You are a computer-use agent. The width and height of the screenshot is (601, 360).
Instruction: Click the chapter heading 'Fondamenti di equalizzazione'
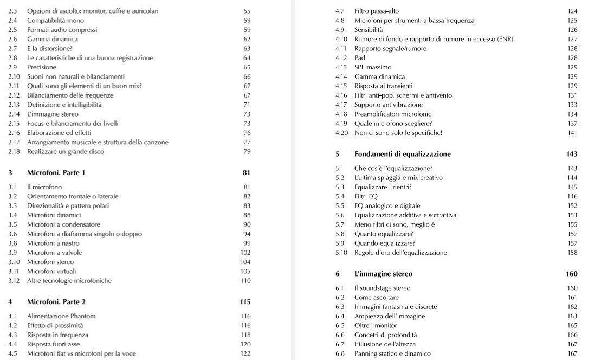point(402,154)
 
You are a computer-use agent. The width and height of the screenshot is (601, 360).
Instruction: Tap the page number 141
point(572,133)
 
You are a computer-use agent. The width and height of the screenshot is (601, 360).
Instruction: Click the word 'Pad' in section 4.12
point(359,58)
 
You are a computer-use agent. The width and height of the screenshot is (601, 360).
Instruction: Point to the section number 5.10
point(341,253)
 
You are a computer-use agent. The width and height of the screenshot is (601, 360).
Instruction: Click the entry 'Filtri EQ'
point(367,196)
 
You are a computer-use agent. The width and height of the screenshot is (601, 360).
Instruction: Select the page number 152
point(572,206)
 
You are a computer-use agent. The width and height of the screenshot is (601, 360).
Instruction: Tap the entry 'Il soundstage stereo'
point(382,288)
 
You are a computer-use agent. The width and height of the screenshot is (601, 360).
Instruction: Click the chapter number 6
point(337,274)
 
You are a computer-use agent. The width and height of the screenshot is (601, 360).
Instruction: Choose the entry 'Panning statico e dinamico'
point(392,354)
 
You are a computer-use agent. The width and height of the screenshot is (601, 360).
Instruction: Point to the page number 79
point(247,152)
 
